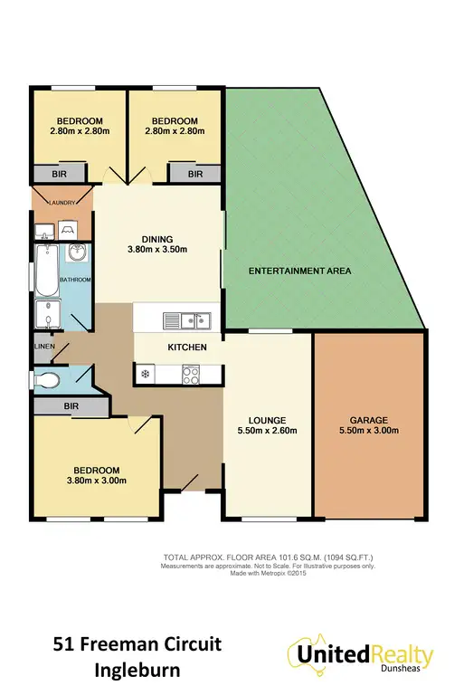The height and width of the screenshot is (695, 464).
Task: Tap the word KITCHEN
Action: (186, 347)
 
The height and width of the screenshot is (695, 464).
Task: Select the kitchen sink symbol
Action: (186, 319)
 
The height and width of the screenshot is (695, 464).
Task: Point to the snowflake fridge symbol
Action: (144, 372)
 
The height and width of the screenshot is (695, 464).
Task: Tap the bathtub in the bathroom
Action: (43, 272)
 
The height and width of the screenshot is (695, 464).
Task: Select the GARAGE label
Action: (369, 421)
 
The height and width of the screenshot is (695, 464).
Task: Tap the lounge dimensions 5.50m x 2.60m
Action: (269, 432)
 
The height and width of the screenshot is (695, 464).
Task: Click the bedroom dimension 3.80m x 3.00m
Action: (97, 481)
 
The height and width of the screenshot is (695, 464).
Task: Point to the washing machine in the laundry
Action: (67, 230)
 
